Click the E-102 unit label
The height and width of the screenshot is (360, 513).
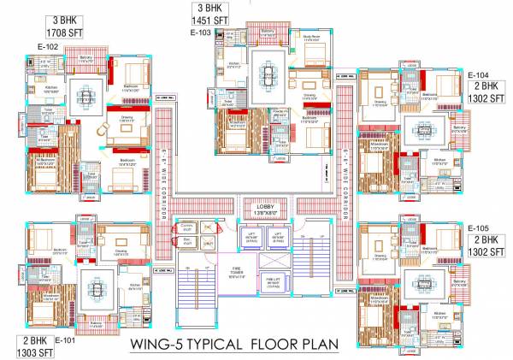(47, 46)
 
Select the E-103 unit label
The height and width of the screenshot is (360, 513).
(200, 32)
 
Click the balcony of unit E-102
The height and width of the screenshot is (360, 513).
(85, 58)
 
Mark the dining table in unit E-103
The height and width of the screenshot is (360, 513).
(269, 74)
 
